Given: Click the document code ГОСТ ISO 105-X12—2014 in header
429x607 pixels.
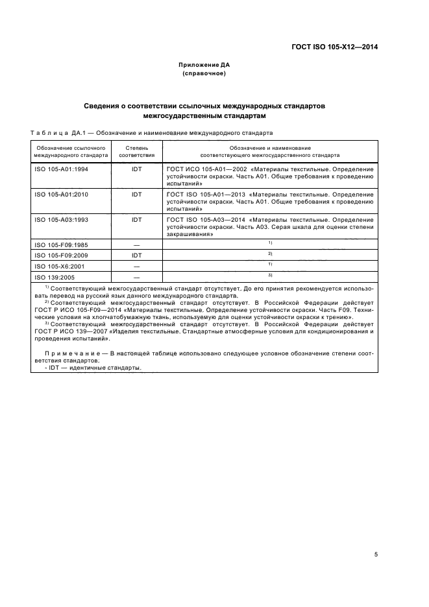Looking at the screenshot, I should pyautogui.click(x=336, y=47).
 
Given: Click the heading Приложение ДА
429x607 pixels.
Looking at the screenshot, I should pyautogui.click(x=204, y=65).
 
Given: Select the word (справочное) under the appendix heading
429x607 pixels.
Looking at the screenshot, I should pyautogui.click(x=204, y=73).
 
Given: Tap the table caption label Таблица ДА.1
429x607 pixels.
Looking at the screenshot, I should pyautogui.click(x=55, y=133).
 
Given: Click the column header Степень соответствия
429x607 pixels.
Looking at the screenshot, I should pyautogui.click(x=137, y=152).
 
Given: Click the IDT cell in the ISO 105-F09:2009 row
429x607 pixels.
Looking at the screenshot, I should pyautogui.click(x=137, y=255).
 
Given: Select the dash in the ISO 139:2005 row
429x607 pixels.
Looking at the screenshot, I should pyautogui.click(x=137, y=276).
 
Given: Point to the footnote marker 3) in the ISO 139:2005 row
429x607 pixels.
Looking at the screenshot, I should pyautogui.click(x=269, y=275).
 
